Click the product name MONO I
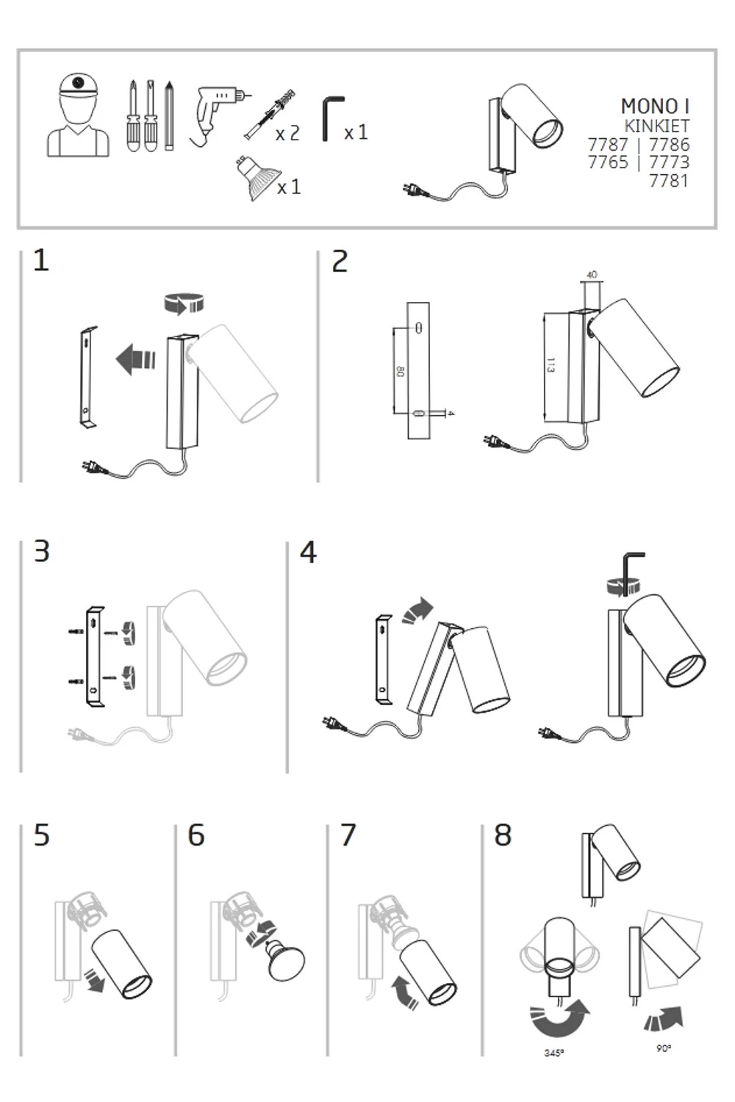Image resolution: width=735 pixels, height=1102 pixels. point(655,107)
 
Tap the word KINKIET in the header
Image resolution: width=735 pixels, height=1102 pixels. point(656,126)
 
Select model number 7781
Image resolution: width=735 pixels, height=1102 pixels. point(669,180)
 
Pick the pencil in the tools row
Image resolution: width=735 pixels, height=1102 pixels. point(170,115)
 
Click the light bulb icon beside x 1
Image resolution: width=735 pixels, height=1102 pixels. point(257,179)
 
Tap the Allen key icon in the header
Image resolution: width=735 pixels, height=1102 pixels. point(332,118)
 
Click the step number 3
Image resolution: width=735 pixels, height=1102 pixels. point(42,552)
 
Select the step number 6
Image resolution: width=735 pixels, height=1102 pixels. point(196,835)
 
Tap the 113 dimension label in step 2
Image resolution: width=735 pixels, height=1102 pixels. point(551,365)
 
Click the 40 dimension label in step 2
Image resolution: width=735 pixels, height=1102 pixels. point(592,275)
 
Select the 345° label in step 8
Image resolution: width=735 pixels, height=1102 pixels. point(553,1053)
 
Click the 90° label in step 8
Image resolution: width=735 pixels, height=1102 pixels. point(664,1048)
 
